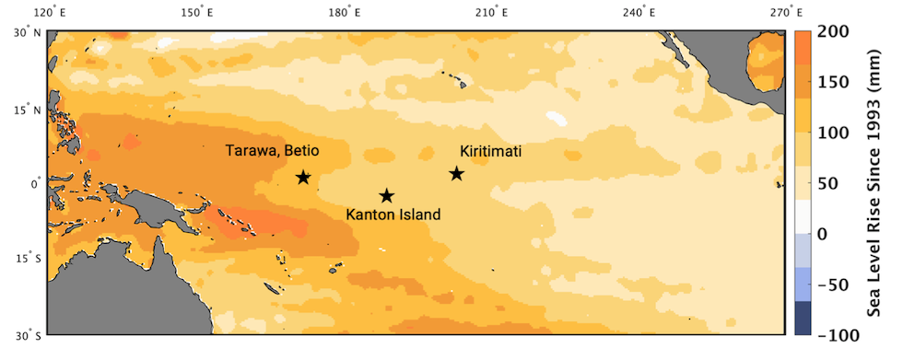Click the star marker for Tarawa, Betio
coord(303,177)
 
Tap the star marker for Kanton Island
coord(387,195)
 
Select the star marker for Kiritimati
coord(456,173)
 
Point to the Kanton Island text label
coord(393,215)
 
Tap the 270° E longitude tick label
coord(786,12)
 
